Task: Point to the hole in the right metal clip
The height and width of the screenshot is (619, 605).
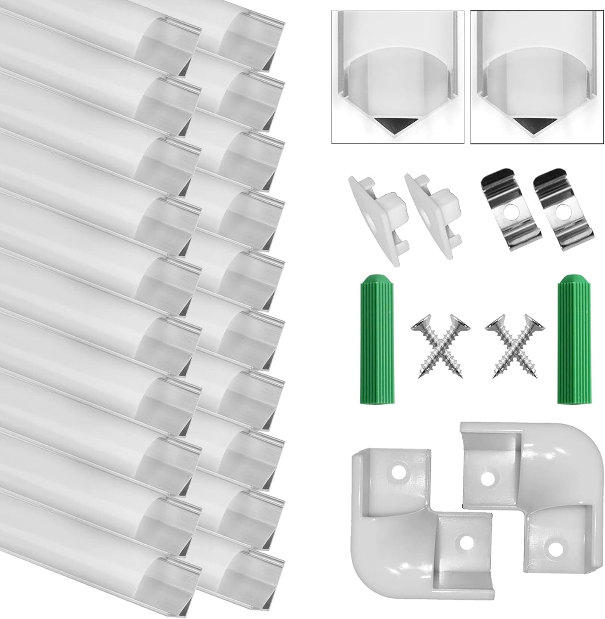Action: pyautogui.click(x=560, y=214)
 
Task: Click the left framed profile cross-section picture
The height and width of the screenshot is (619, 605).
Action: pyautogui.click(x=398, y=77)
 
